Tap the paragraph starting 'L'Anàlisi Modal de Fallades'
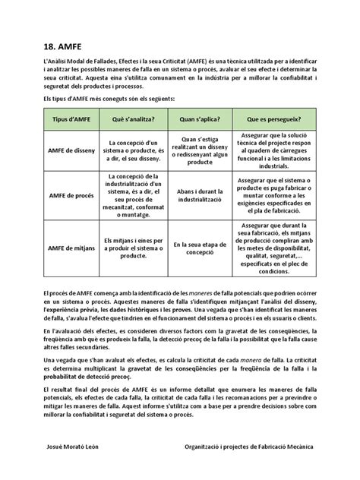click(179, 74)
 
